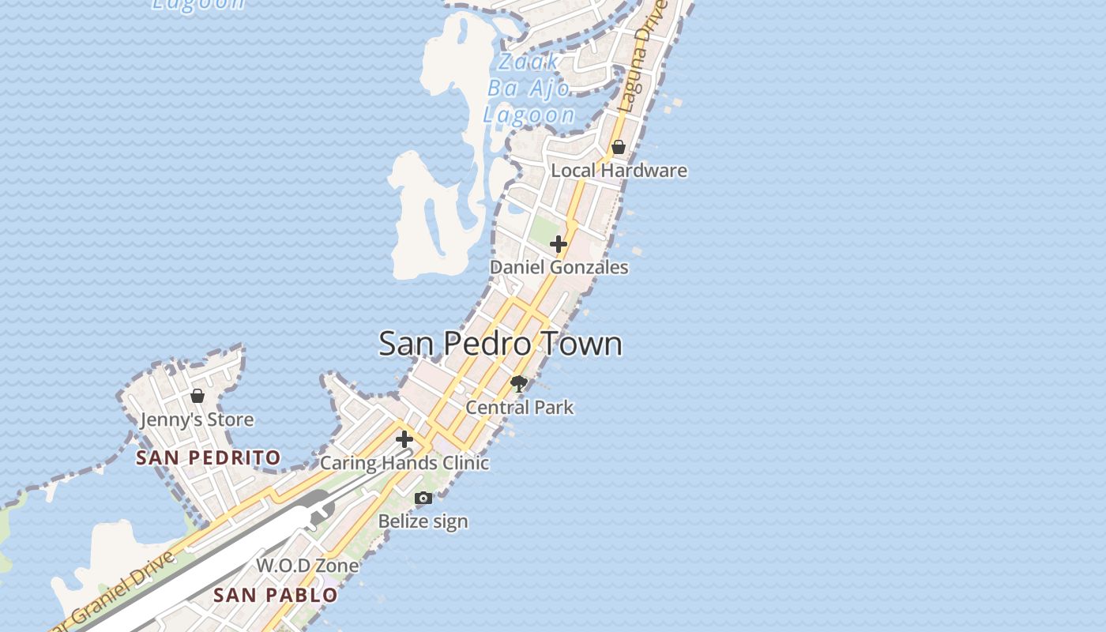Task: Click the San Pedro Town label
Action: coord(500,344)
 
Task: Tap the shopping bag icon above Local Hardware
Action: coord(619,147)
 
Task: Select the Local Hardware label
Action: coord(619,171)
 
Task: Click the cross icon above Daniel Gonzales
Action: coord(559,244)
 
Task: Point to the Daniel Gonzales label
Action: coord(559,267)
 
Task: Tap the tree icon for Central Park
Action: coord(519,385)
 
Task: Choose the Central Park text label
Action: coord(519,408)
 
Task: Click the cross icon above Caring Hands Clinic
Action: coord(404,439)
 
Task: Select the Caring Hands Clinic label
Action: coord(404,463)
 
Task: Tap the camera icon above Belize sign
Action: coord(423,498)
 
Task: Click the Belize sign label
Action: coord(423,521)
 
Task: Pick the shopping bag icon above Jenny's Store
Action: coord(197,396)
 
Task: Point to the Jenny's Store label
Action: coord(197,419)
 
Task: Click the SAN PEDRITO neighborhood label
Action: coord(208,457)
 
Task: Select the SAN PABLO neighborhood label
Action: coord(276,595)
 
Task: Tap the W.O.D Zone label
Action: coord(307,566)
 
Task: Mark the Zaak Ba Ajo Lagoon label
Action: coord(529,88)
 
